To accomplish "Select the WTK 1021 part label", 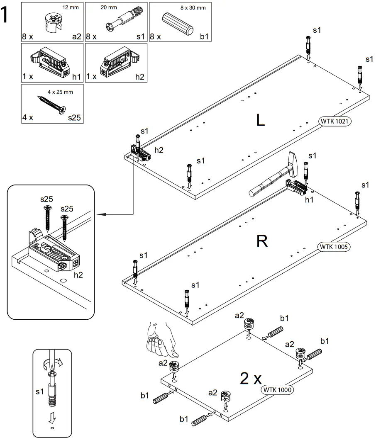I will [x=334, y=122].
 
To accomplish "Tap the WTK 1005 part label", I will [x=334, y=246].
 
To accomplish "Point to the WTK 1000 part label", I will [x=277, y=390].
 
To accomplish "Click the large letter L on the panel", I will [x=261, y=120].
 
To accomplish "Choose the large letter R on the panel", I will [x=262, y=241].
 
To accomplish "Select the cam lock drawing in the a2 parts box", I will [x=53, y=21].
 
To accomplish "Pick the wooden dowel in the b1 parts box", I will [x=178, y=24].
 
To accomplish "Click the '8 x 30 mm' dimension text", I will [x=193, y=7].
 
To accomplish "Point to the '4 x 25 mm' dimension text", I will [x=60, y=92].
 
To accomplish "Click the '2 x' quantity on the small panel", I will [x=251, y=379].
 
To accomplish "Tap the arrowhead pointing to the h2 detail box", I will [x=100, y=214].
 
